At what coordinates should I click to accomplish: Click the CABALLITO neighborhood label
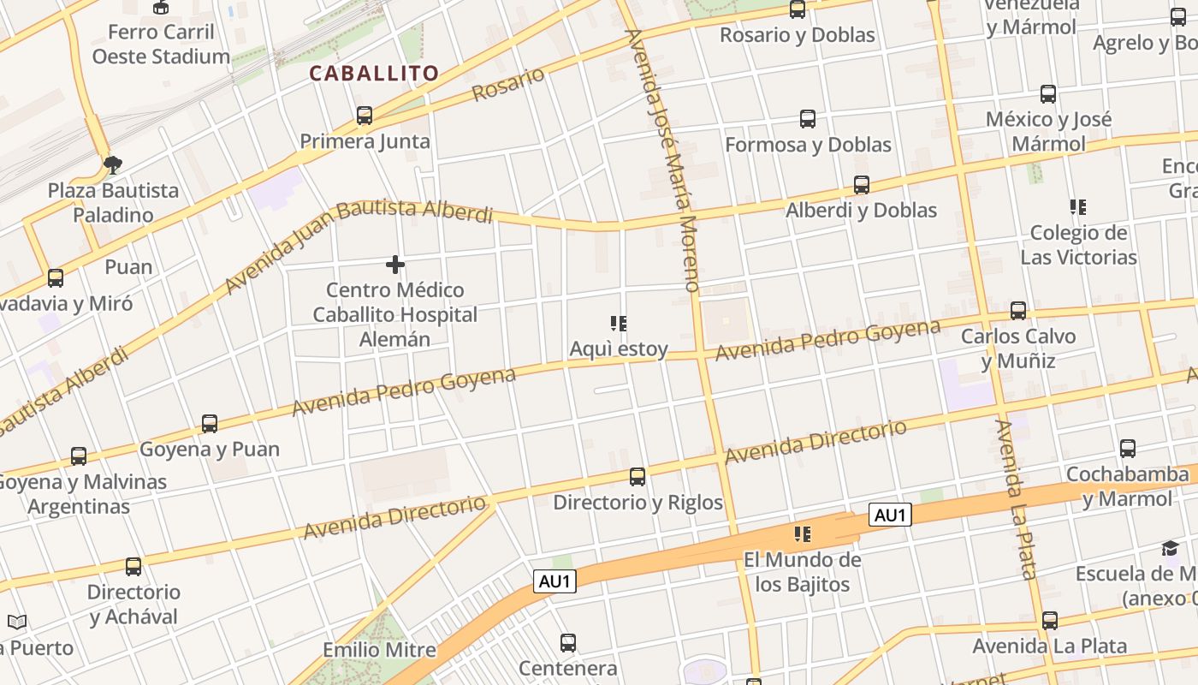click(374, 74)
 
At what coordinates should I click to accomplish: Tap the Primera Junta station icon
click(365, 116)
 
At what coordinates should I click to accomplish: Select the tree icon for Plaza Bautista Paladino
click(112, 164)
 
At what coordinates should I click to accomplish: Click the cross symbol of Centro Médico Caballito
click(395, 265)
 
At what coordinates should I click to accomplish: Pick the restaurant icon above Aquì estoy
click(619, 324)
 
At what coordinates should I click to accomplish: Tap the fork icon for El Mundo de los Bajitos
click(802, 534)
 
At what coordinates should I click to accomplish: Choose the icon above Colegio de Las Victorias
click(1077, 206)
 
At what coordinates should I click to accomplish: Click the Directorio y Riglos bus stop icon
click(638, 477)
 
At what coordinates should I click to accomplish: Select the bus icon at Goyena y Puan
click(210, 424)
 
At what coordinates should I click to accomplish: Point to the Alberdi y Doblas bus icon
click(862, 185)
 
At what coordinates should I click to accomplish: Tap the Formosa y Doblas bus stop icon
click(808, 119)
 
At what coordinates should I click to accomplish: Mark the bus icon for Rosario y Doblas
click(798, 9)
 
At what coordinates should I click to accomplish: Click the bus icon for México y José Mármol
click(1048, 94)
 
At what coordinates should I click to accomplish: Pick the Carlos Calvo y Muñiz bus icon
click(1018, 310)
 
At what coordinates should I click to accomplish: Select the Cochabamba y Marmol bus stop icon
click(1128, 449)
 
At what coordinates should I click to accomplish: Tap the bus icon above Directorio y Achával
click(133, 566)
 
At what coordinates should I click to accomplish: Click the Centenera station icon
click(568, 642)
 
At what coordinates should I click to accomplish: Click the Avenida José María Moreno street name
click(664, 161)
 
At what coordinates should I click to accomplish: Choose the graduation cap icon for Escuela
click(1170, 548)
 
